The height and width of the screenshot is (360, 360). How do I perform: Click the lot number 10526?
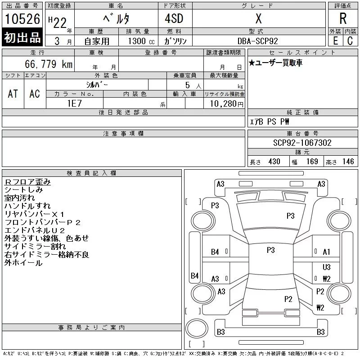point(22,19)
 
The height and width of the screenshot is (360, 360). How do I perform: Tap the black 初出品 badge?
point(22,37)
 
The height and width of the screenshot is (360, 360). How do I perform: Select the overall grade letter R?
point(343,18)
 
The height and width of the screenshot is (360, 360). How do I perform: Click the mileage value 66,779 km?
point(49,64)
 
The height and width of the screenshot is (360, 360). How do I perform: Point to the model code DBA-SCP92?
point(257,41)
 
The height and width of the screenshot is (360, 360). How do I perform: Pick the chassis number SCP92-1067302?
point(302,143)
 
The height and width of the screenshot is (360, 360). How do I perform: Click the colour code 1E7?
point(74,103)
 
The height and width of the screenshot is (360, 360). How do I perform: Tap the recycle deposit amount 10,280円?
point(227,104)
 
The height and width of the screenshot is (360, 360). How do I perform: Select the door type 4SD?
point(174,18)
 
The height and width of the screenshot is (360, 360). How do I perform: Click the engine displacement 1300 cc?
point(141,41)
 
